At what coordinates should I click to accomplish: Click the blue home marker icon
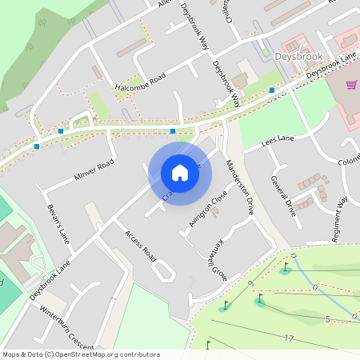pyautogui.click(x=179, y=172)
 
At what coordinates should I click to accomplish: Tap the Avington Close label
pyautogui.click(x=208, y=209)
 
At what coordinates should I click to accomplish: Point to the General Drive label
pyautogui.click(x=283, y=196)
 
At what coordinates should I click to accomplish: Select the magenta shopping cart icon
pyautogui.click(x=351, y=84)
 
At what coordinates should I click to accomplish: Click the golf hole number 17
pyautogui.click(x=289, y=338)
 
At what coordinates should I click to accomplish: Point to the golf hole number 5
pyautogui.click(x=326, y=319)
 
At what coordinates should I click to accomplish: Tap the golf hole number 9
pyautogui.click(x=250, y=285)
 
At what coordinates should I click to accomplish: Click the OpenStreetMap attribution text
pyautogui.click(x=81, y=354)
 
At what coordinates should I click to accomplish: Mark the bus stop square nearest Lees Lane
pyautogui.click(x=272, y=90)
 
